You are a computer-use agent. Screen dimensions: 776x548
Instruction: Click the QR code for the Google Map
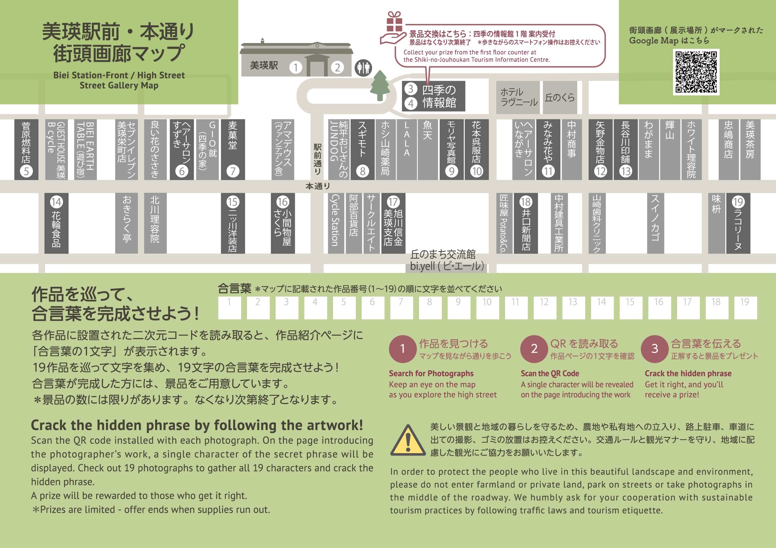(x=696, y=72)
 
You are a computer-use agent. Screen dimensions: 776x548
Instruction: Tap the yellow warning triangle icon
(x=408, y=440)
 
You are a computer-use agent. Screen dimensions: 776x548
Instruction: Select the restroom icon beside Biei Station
(x=363, y=68)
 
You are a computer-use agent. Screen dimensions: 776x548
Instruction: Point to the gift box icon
(x=394, y=21)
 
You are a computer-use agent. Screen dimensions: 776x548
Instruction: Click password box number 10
(x=487, y=308)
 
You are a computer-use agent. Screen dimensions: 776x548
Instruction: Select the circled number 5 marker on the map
(x=26, y=171)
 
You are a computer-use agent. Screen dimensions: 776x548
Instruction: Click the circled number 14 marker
(x=57, y=202)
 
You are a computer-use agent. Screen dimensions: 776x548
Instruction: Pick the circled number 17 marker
(x=393, y=202)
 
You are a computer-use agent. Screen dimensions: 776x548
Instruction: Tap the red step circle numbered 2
(x=534, y=349)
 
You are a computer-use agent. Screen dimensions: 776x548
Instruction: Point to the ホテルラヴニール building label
(x=518, y=97)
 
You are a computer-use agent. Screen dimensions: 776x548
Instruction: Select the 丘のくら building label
(x=560, y=97)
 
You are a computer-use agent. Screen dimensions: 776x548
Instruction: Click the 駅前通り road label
(x=317, y=159)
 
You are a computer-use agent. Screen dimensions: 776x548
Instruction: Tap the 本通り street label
(x=318, y=186)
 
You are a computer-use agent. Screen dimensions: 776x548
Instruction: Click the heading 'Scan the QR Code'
(x=550, y=373)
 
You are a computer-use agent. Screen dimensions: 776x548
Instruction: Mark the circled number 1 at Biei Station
(x=296, y=68)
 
